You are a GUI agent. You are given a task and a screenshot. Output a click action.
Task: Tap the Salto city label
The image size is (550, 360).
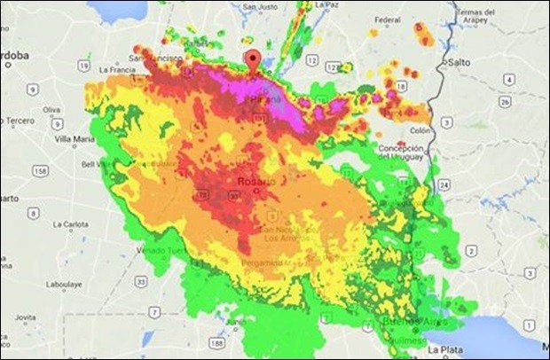459,64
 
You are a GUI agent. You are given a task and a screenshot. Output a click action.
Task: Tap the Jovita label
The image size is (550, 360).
26,317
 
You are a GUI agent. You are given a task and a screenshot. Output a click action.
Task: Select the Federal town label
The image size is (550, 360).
388,18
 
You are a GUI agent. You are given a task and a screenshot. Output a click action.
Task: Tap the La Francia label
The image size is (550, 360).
115,69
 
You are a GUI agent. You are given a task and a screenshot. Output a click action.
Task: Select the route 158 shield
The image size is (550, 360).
42,169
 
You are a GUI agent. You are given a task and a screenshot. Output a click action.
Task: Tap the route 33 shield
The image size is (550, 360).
139,281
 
